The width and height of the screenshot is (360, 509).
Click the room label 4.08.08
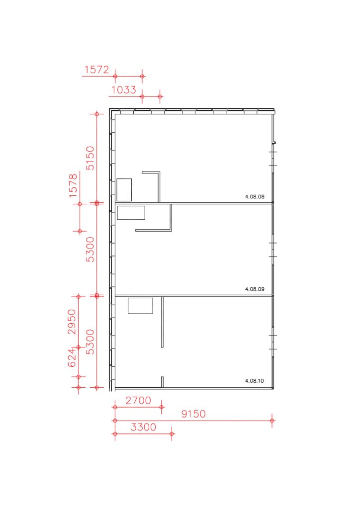[x=255, y=196]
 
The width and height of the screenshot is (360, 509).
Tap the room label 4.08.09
[x=255, y=289]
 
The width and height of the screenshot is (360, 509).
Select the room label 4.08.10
[x=255, y=381]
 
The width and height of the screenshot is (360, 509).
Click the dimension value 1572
[x=97, y=70]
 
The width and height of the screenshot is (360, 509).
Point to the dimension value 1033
[x=124, y=89]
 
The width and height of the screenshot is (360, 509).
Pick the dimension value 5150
[x=90, y=158]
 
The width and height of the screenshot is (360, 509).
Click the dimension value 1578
[x=74, y=186]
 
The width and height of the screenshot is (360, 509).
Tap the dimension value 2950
[x=72, y=322]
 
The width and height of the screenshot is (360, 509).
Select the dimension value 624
[x=72, y=358]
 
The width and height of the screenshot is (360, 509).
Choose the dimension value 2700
[x=138, y=401]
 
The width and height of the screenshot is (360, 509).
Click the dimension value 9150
[x=193, y=414]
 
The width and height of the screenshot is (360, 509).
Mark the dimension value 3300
[x=143, y=427]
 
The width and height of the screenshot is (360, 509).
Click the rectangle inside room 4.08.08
[x=124, y=189]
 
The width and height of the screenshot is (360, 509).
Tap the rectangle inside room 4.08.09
[x=131, y=213]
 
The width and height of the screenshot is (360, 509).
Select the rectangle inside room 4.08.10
[x=140, y=306]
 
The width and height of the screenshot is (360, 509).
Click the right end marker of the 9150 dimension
[x=272, y=421]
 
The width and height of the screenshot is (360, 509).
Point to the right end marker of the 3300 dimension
[x=172, y=434]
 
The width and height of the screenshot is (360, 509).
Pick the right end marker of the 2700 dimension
[x=162, y=407]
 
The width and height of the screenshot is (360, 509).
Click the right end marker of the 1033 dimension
[x=160, y=96]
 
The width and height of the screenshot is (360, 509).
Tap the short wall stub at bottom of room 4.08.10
[x=162, y=382]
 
